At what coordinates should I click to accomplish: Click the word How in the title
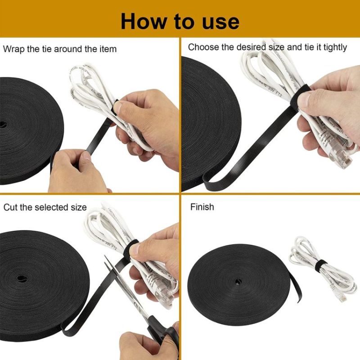144,21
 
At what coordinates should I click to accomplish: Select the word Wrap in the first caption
14,49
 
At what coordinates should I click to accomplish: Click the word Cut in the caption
11,207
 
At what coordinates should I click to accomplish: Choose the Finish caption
202,207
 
